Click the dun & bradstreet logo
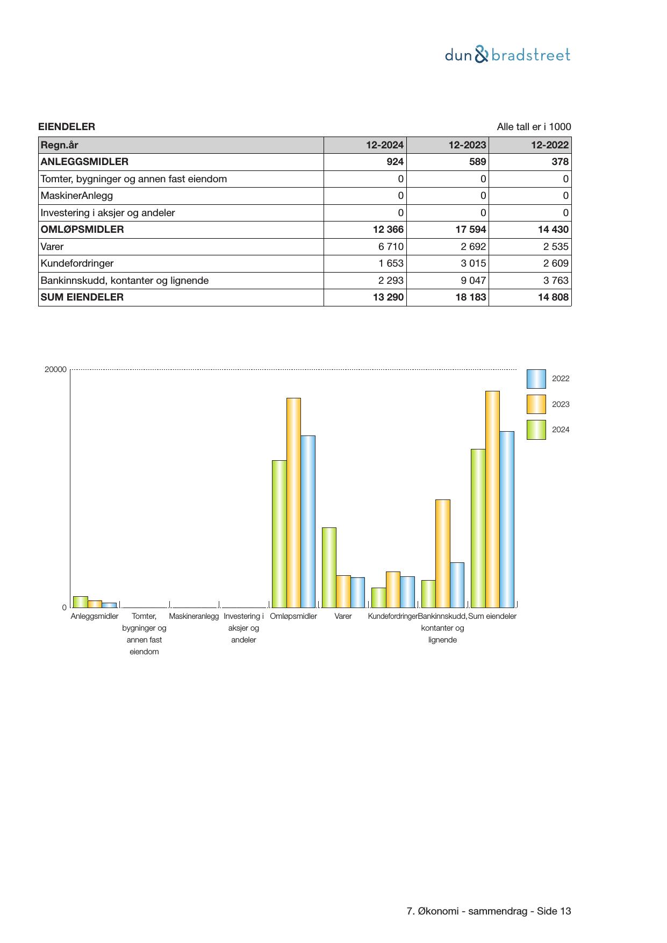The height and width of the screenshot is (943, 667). point(507,55)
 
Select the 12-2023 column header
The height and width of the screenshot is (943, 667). point(467,145)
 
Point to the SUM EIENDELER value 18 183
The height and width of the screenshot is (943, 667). point(470,297)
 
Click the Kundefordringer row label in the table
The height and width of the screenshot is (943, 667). point(77,263)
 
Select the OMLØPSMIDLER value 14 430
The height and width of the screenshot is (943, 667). point(553,230)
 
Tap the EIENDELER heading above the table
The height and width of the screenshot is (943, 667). point(67,127)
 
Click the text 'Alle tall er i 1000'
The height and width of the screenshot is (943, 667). point(533,127)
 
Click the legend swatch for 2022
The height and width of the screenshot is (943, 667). point(536,379)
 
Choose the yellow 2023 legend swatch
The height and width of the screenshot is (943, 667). point(536,404)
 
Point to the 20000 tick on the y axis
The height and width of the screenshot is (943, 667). point(55,369)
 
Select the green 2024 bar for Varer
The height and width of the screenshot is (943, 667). point(329,567)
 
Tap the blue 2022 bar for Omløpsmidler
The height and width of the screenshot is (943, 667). point(308,521)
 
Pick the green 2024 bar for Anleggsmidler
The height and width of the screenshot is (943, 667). point(81,602)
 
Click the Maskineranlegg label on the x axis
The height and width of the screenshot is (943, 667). point(193,616)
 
